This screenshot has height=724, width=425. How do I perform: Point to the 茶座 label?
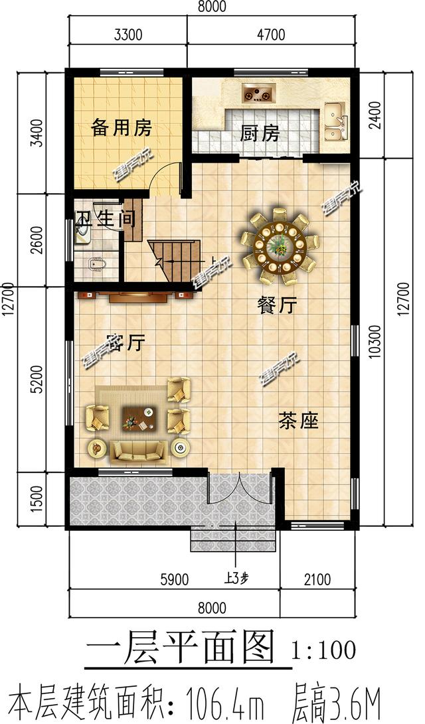coord(299,421)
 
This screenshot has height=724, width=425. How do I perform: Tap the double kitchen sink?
coord(335,122)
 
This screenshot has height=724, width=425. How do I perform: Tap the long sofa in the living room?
coord(138,451)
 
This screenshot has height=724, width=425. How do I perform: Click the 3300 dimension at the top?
coord(128,35)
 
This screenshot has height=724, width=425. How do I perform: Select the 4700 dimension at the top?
coord(272,35)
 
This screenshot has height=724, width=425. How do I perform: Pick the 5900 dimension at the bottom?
coord(174,579)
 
